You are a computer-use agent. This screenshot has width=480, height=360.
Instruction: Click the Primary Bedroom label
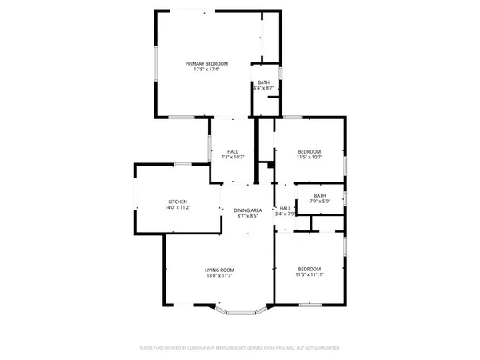[x=206, y=64]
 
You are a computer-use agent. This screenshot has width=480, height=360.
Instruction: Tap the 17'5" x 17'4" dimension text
[x=206, y=70]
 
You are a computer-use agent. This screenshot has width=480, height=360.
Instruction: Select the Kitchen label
[x=178, y=202]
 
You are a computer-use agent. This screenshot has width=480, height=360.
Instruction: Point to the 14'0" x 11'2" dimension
[x=178, y=208]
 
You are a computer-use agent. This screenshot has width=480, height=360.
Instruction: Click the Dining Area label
[x=248, y=210]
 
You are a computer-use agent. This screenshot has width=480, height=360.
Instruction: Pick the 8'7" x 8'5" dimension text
[x=248, y=216]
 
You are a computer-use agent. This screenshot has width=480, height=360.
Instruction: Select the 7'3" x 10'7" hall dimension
[x=232, y=158]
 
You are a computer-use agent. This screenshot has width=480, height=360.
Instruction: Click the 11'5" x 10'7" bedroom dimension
[x=310, y=158]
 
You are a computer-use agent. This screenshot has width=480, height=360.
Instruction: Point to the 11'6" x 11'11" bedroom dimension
[x=310, y=275]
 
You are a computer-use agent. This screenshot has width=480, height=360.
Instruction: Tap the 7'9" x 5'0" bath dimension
[x=319, y=202]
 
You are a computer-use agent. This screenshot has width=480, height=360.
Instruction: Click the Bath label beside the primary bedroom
[x=263, y=82]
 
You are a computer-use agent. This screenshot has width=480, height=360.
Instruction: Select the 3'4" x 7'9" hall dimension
[x=286, y=214]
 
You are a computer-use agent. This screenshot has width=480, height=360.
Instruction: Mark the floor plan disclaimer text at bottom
[x=239, y=349]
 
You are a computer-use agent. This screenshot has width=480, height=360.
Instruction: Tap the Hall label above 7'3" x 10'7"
[x=232, y=152]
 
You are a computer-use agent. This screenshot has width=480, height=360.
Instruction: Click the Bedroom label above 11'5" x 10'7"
[x=310, y=152]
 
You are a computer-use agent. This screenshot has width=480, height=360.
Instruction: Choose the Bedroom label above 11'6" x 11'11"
[x=310, y=269]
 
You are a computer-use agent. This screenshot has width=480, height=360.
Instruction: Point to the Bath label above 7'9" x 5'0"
[x=319, y=196]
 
